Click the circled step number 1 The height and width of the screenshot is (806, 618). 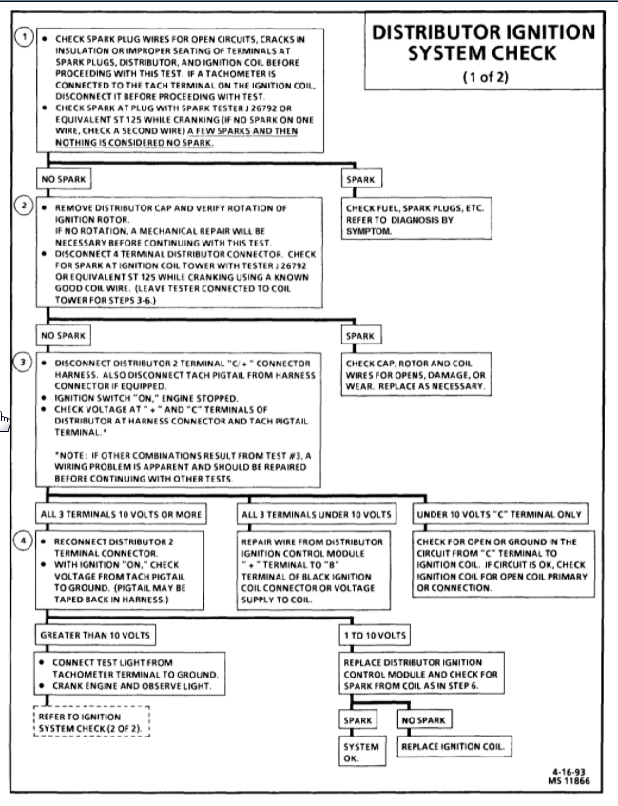pos(26,37)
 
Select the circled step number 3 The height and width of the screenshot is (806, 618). pos(26,364)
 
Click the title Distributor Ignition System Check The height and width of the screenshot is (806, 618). pos(483,43)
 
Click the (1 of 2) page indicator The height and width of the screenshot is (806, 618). pos(483,77)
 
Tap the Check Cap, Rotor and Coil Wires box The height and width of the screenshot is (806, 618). pos(415,375)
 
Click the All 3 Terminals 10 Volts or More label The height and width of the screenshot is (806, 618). pos(121,515)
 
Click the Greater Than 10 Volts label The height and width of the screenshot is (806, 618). pos(94,635)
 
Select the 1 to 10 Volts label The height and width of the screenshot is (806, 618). pos(376,635)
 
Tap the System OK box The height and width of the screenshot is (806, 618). pos(361,753)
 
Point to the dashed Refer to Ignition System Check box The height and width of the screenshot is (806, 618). pos(91,722)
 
